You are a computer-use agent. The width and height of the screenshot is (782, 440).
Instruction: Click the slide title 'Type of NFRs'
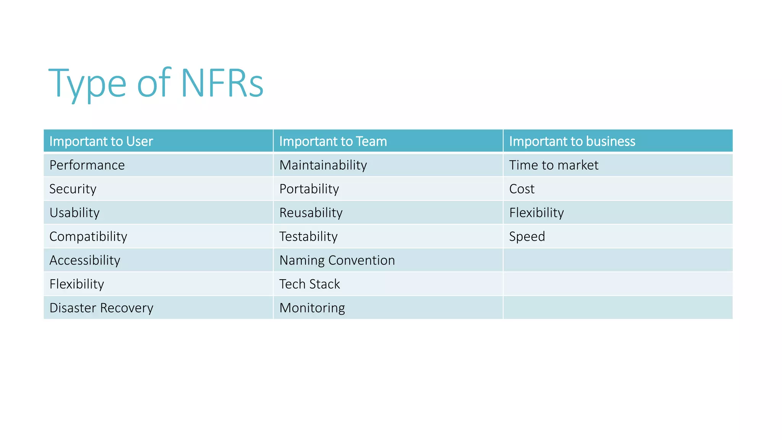(x=156, y=83)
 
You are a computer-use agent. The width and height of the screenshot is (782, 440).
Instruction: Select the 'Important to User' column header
(x=101, y=141)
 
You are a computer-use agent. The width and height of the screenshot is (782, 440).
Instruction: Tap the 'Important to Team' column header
(x=333, y=141)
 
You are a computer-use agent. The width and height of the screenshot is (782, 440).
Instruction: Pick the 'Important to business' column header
(x=572, y=141)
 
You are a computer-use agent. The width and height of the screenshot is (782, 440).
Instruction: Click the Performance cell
(x=87, y=165)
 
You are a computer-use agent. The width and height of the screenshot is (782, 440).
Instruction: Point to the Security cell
(x=73, y=189)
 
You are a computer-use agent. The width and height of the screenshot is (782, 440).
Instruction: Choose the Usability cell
(x=74, y=213)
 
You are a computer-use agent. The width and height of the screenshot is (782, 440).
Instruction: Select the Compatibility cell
(x=88, y=236)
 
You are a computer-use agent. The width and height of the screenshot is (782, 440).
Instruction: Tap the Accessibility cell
(x=85, y=260)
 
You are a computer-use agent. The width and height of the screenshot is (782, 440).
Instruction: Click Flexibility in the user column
(x=77, y=284)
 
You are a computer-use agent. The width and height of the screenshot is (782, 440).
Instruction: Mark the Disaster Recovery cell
(x=101, y=308)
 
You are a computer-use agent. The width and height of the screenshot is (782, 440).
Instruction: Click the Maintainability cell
(x=323, y=165)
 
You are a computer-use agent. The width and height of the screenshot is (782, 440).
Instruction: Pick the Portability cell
(x=309, y=189)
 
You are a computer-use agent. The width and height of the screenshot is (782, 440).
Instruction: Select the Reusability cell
(x=311, y=213)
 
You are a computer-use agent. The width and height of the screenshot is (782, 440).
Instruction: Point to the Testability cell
(x=308, y=236)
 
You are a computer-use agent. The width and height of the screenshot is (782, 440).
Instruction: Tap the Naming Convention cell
(x=337, y=260)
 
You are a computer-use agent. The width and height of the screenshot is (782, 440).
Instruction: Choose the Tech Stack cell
(x=309, y=284)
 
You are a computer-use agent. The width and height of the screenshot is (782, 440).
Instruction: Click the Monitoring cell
(x=312, y=308)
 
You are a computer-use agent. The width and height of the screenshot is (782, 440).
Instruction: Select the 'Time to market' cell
(x=554, y=165)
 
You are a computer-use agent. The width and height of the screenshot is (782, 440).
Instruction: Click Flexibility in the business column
(x=536, y=213)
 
